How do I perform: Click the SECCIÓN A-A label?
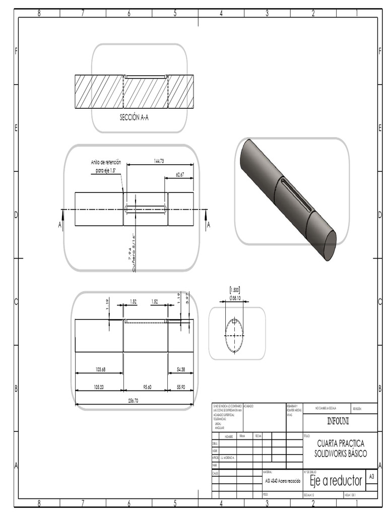pyautogui.click(x=134, y=117)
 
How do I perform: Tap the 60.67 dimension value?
pyautogui.click(x=180, y=174)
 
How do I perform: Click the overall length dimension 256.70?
pyautogui.click(x=133, y=401)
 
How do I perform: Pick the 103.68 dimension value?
pyautogui.click(x=100, y=369)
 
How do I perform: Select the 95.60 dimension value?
pyautogui.click(x=147, y=388)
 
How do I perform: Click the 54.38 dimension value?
pyautogui.click(x=180, y=369)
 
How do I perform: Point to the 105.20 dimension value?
pyautogui.click(x=98, y=388)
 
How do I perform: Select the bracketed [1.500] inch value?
pyautogui.click(x=234, y=290)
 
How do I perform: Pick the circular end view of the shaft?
pyautogui.click(x=234, y=335)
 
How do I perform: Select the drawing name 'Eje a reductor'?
pyautogui.click(x=336, y=480)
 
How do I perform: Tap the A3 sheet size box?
pyautogui.click(x=371, y=476)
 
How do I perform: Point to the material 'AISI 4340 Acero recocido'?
pyautogui.click(x=283, y=481)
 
